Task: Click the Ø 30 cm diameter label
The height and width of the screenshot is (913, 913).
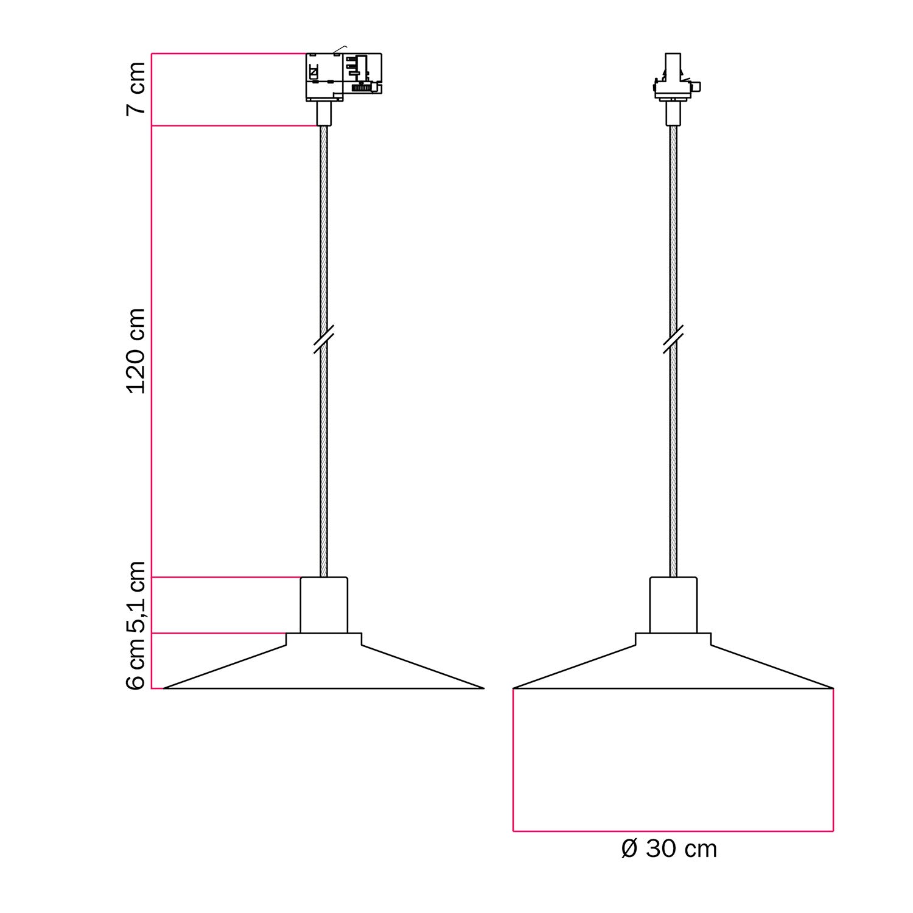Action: coord(669,848)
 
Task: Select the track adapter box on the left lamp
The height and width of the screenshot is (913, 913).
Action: coord(343,77)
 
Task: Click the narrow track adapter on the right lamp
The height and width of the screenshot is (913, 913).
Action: coord(673,79)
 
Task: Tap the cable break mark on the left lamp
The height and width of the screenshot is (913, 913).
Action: coord(324,339)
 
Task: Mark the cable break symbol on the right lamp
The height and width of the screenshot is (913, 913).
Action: coord(673,339)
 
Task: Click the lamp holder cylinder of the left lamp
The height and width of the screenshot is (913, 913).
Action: coord(324,605)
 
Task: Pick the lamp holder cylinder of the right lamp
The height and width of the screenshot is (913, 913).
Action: coord(673,605)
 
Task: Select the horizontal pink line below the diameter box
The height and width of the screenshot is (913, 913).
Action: coord(673,831)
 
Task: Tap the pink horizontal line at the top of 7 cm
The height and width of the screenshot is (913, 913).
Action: coord(228,54)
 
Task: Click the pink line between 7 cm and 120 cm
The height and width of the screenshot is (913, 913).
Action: coord(234,126)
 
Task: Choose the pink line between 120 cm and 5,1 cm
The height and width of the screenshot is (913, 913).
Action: coord(225,577)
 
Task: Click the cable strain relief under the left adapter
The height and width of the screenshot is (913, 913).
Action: coord(324,113)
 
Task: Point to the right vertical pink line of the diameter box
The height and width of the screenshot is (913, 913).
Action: coord(833,760)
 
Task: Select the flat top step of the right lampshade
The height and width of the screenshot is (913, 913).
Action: coord(673,639)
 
